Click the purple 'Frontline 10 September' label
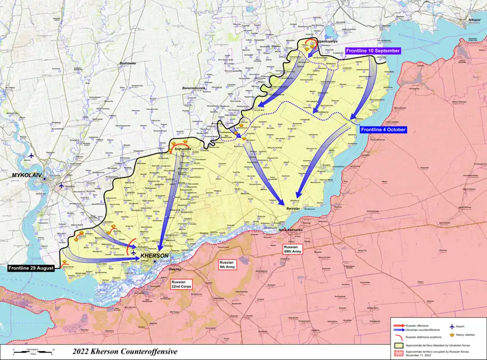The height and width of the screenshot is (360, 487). [x=373, y=51]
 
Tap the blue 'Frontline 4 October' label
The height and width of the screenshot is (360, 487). [x=384, y=129]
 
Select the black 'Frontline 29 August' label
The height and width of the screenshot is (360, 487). [x=30, y=268]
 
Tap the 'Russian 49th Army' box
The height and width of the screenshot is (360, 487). [x=294, y=249]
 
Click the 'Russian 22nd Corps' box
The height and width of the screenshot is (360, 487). [x=181, y=284]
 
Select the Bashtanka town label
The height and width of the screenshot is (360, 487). [x=126, y=63]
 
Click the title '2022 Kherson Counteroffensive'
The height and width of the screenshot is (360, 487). [x=125, y=351]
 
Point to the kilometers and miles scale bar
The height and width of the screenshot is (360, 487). [x=33, y=351]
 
